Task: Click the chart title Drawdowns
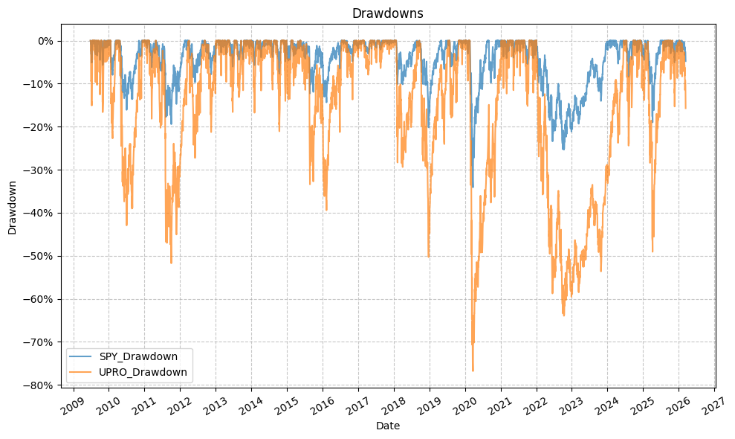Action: pyautogui.click(x=387, y=13)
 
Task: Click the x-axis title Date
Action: pyautogui.click(x=387, y=426)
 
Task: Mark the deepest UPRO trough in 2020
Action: pyautogui.click(x=473, y=371)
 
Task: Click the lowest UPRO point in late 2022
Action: pyautogui.click(x=563, y=315)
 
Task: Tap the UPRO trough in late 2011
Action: pyautogui.click(x=171, y=263)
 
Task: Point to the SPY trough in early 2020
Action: pyautogui.click(x=473, y=188)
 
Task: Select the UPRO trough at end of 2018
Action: pyautogui.click(x=428, y=257)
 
